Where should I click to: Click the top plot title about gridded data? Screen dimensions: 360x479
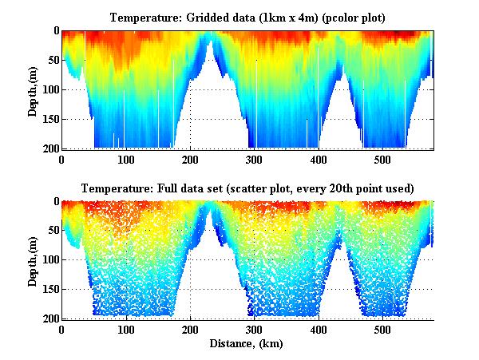coord(247,16)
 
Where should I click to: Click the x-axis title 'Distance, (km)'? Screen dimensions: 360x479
coord(247,344)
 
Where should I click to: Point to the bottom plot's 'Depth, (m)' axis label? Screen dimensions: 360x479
coord(33,260)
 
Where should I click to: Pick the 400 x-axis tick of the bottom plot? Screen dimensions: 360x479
coord(319,330)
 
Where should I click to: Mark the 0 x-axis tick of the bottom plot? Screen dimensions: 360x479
coord(62,330)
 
